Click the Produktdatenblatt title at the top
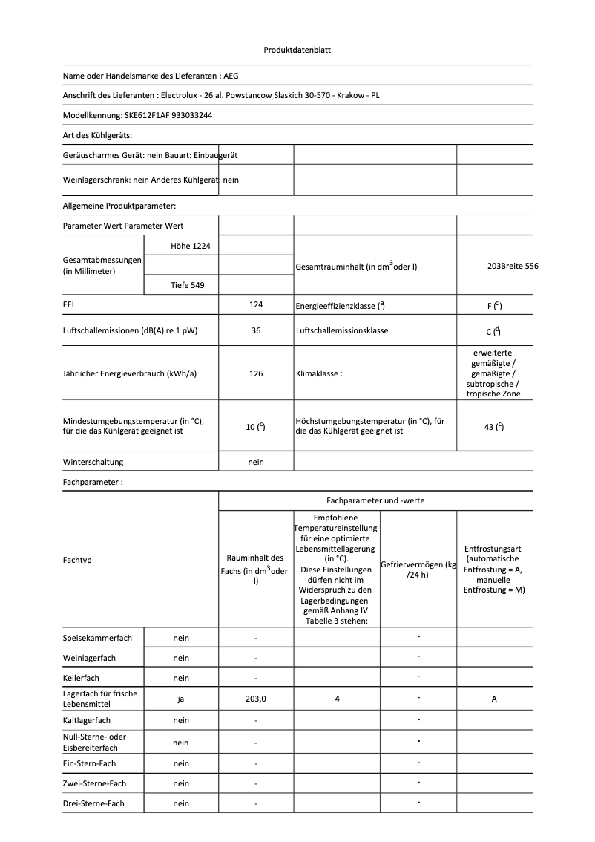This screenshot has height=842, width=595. [x=297, y=50]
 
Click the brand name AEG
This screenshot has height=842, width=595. [x=231, y=76]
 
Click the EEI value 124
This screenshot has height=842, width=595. [x=256, y=304]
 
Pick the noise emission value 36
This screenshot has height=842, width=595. [x=256, y=330]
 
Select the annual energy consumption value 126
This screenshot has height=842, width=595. [x=256, y=373]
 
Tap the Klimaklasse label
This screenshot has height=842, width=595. [x=319, y=373]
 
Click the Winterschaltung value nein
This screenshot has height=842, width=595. [x=256, y=462]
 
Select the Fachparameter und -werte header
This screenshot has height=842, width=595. [x=375, y=501]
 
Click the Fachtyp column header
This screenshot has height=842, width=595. [x=77, y=560]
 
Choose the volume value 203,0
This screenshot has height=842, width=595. [x=256, y=699]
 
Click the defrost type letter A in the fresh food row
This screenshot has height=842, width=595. [x=494, y=699]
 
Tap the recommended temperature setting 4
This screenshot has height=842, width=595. [x=337, y=699]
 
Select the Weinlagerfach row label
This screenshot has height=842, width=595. [x=89, y=658]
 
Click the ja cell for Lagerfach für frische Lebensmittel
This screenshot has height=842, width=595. [x=181, y=699]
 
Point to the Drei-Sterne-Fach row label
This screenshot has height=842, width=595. [x=93, y=804]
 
